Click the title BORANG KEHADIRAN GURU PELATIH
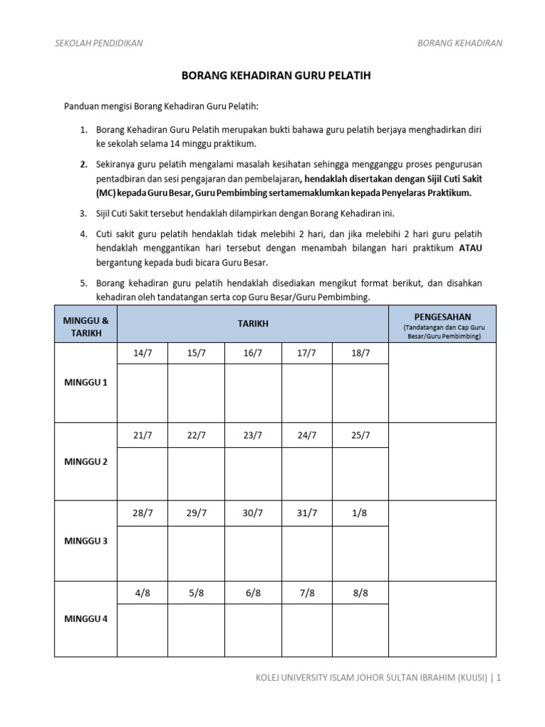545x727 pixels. (x=273, y=75)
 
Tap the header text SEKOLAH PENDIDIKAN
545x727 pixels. (x=99, y=43)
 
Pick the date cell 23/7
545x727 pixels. (x=253, y=435)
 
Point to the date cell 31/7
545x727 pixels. (x=307, y=514)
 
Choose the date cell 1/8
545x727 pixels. (x=360, y=514)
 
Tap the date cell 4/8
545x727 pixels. (x=143, y=594)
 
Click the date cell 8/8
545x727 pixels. (x=360, y=594)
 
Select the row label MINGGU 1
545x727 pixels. (x=86, y=383)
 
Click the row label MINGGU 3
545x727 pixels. (x=86, y=541)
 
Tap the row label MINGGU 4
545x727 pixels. (x=86, y=618)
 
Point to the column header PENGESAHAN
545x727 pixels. (x=442, y=316)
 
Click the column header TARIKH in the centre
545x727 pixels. (x=253, y=324)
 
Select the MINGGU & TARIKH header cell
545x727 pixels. (x=86, y=324)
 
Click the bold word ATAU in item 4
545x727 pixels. (x=470, y=248)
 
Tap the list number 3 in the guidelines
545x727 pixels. (x=82, y=212)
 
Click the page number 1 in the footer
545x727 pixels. (x=499, y=678)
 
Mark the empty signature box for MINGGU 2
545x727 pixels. (x=442, y=461)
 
